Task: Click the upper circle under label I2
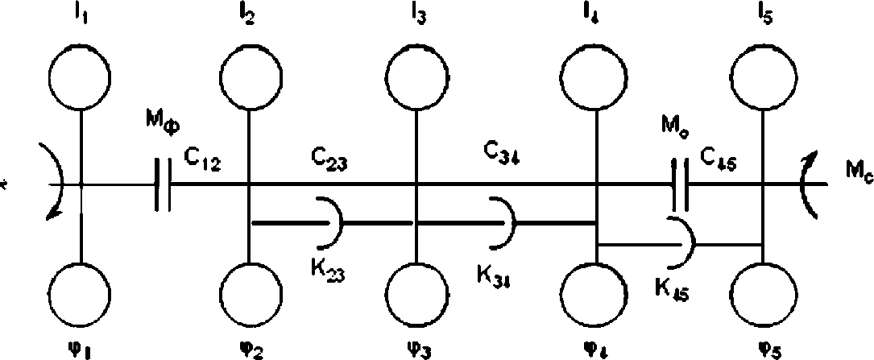(249, 77)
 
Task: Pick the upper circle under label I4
(597, 77)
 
